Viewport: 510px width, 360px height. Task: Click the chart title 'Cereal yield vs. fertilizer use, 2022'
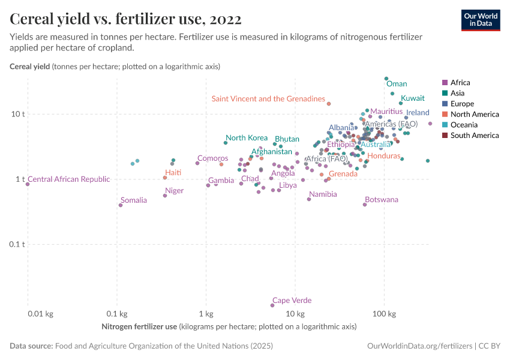coord(125,19)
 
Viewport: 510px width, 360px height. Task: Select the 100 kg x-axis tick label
coord(384,313)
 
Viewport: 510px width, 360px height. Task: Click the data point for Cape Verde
coord(272,305)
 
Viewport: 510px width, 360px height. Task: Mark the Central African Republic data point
coord(28,184)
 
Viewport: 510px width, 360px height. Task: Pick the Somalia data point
coord(121,205)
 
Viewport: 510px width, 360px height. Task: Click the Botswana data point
coord(365,205)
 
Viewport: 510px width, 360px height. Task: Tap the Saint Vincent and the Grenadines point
coord(329,103)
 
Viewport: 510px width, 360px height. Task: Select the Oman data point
coord(386,79)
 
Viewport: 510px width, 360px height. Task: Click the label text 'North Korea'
coord(247,137)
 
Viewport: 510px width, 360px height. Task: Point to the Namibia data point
coord(309,199)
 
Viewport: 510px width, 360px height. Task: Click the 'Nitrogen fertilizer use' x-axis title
coord(140,327)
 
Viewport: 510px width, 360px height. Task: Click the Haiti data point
coord(165,178)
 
